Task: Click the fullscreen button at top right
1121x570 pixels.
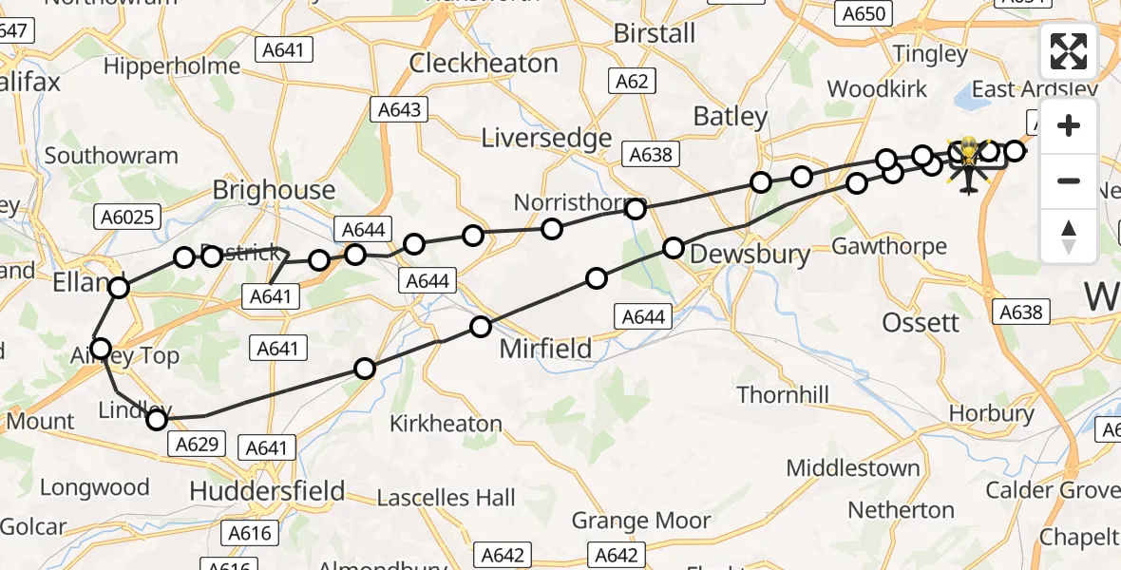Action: coord(1069,51)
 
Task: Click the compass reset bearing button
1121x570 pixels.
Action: coord(1069,236)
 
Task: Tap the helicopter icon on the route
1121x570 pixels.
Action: coord(968,162)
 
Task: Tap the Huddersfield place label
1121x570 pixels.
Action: coord(267,491)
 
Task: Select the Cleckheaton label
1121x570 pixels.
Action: coord(484,64)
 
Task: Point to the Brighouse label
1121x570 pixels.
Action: coord(274,190)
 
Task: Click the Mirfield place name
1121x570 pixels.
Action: coord(545,349)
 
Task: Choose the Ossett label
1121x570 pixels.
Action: coord(921,323)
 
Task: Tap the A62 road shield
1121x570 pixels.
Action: coord(632,82)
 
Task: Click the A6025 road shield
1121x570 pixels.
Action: coord(125,218)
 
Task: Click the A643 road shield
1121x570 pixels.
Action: coord(398,110)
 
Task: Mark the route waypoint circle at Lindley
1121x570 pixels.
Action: coord(158,419)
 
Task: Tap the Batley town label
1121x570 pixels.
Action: coord(730,117)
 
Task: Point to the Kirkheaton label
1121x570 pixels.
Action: coord(446,424)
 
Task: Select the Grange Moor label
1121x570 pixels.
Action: coord(640,521)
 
